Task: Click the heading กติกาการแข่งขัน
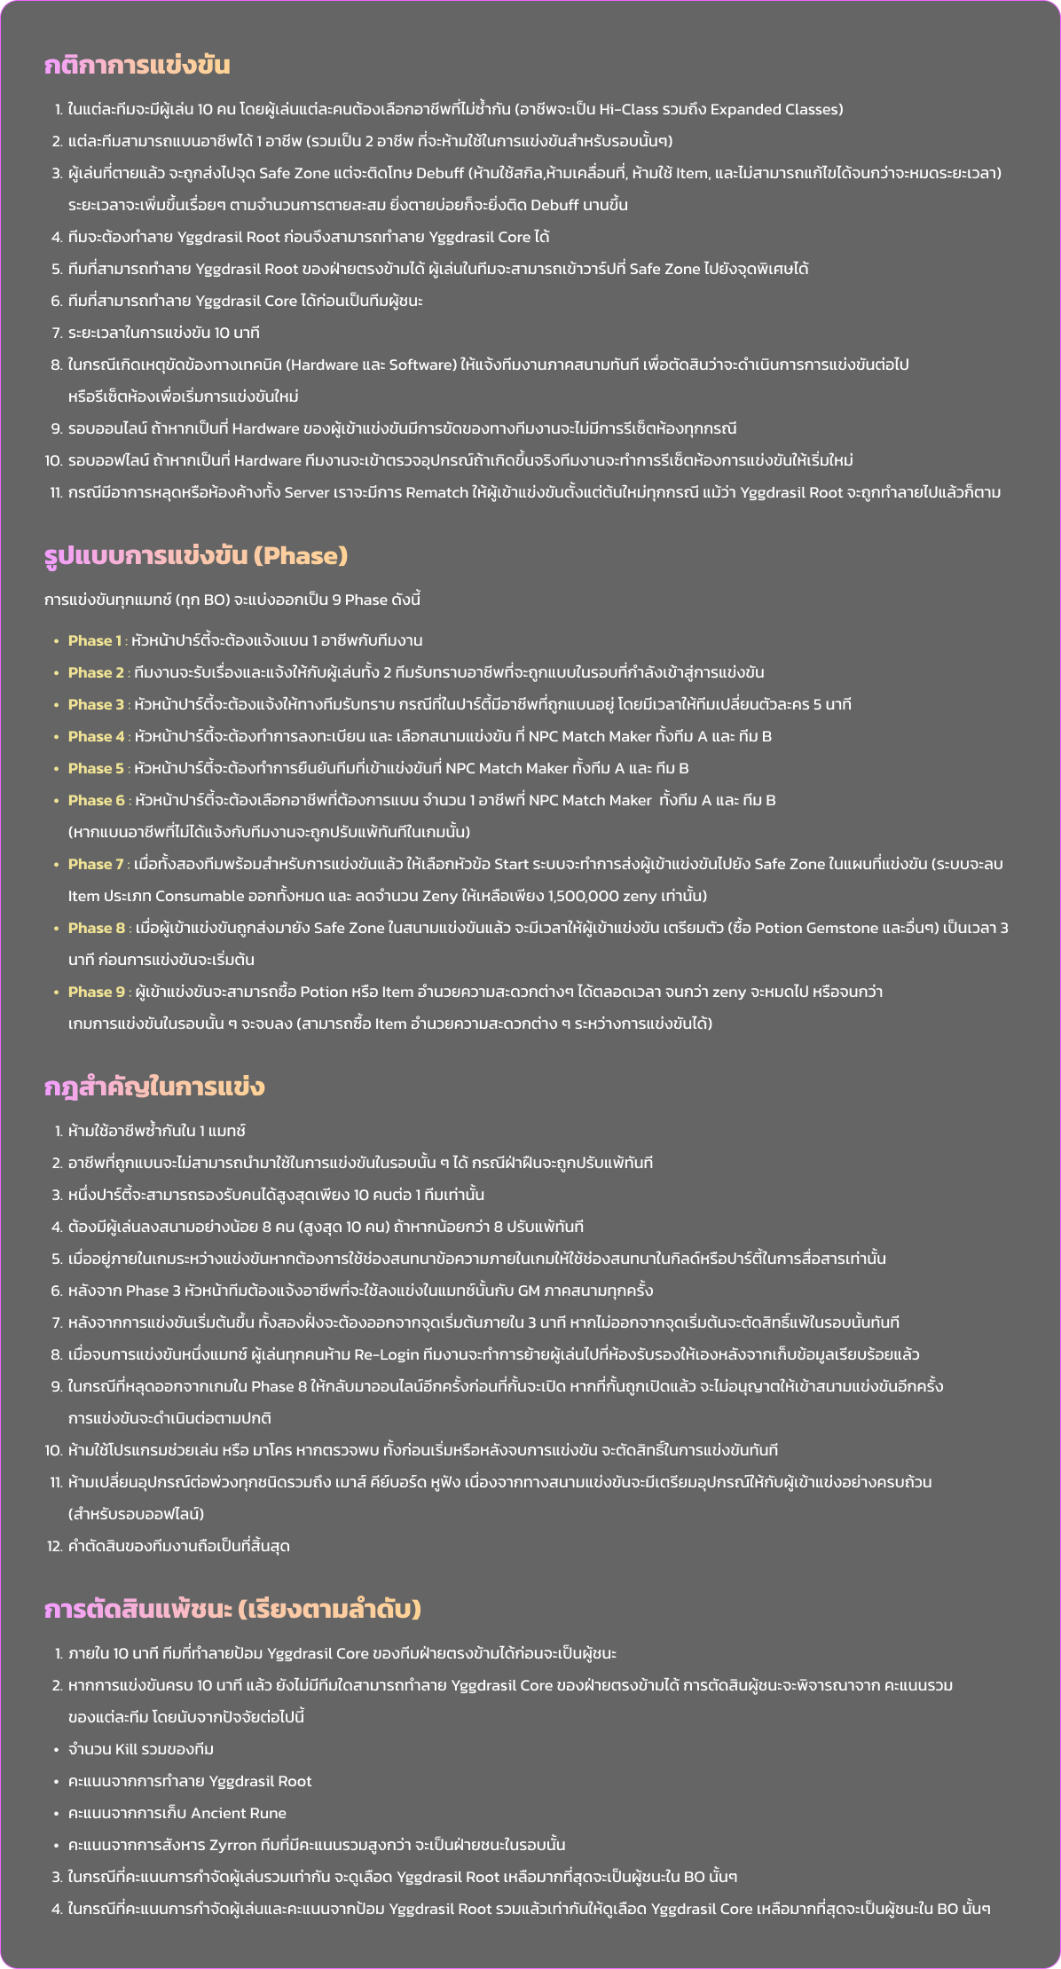click(x=138, y=66)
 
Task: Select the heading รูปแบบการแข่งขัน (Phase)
click(x=196, y=556)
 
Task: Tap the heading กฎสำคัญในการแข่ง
click(x=155, y=1087)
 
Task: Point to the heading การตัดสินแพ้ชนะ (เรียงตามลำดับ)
click(x=232, y=1610)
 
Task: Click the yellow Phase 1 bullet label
click(x=95, y=640)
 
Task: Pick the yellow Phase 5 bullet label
click(x=96, y=768)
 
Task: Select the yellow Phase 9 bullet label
click(x=96, y=992)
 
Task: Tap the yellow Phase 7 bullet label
click(x=96, y=864)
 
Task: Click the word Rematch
click(x=436, y=492)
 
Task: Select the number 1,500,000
click(x=584, y=896)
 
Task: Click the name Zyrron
click(x=232, y=1845)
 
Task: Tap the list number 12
click(x=53, y=1546)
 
